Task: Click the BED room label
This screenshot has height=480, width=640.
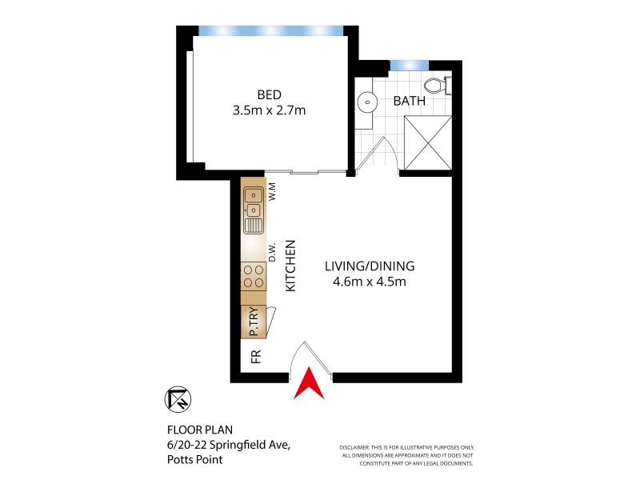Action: click(x=268, y=93)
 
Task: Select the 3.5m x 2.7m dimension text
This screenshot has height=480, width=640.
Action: click(x=268, y=110)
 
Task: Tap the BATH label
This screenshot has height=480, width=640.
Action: click(x=409, y=102)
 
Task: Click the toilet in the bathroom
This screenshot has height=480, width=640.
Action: click(x=438, y=84)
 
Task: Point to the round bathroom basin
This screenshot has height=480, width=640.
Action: click(x=367, y=102)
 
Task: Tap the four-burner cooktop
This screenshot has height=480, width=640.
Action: click(x=254, y=276)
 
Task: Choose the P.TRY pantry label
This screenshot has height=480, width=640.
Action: click(x=253, y=321)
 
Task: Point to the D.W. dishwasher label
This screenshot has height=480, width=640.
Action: click(x=272, y=252)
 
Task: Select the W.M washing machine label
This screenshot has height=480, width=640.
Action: click(x=271, y=192)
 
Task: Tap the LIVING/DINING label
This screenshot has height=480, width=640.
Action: click(x=370, y=266)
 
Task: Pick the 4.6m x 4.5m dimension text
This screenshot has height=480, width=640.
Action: click(x=370, y=282)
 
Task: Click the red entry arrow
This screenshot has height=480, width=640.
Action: click(x=309, y=385)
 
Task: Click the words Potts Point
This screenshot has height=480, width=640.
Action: click(x=195, y=459)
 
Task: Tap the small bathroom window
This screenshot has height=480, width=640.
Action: click(x=409, y=64)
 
